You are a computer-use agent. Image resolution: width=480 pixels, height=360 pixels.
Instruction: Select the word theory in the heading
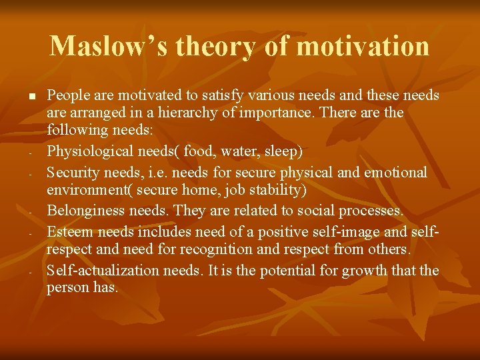(x=215, y=47)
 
